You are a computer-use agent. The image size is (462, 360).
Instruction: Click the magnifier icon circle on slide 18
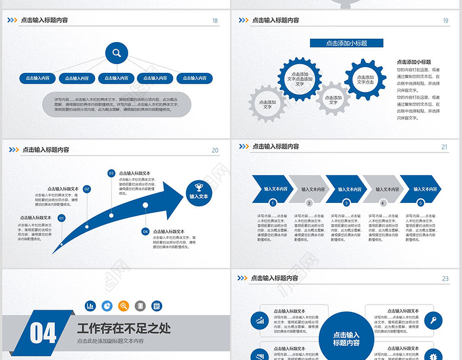117,54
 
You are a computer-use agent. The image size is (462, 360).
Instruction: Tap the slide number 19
445,21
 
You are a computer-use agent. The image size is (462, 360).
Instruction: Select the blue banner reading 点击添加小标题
346,43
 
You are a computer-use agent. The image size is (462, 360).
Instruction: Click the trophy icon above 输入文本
199,187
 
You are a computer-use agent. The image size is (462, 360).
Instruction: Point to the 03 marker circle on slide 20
111,173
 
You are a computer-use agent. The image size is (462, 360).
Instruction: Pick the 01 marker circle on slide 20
62,218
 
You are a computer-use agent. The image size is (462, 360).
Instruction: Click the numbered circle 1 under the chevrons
273,203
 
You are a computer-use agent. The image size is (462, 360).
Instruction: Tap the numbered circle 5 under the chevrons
420,203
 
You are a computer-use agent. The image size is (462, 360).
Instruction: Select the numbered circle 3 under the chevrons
346,203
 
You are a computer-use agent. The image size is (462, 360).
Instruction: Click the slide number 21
445,147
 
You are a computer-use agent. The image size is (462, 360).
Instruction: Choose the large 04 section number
43,333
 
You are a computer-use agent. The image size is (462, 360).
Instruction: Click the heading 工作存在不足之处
124,328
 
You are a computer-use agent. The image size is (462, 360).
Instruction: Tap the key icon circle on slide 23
433,319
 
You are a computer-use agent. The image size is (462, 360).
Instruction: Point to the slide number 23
445,279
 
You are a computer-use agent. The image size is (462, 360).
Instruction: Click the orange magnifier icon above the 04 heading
123,306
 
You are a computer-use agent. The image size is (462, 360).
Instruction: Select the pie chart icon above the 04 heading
107,306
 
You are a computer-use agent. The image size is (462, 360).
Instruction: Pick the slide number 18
215,21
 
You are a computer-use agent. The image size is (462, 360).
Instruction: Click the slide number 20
215,150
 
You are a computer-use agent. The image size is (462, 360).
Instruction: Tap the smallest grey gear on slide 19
333,99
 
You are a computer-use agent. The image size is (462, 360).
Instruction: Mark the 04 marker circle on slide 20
145,231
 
